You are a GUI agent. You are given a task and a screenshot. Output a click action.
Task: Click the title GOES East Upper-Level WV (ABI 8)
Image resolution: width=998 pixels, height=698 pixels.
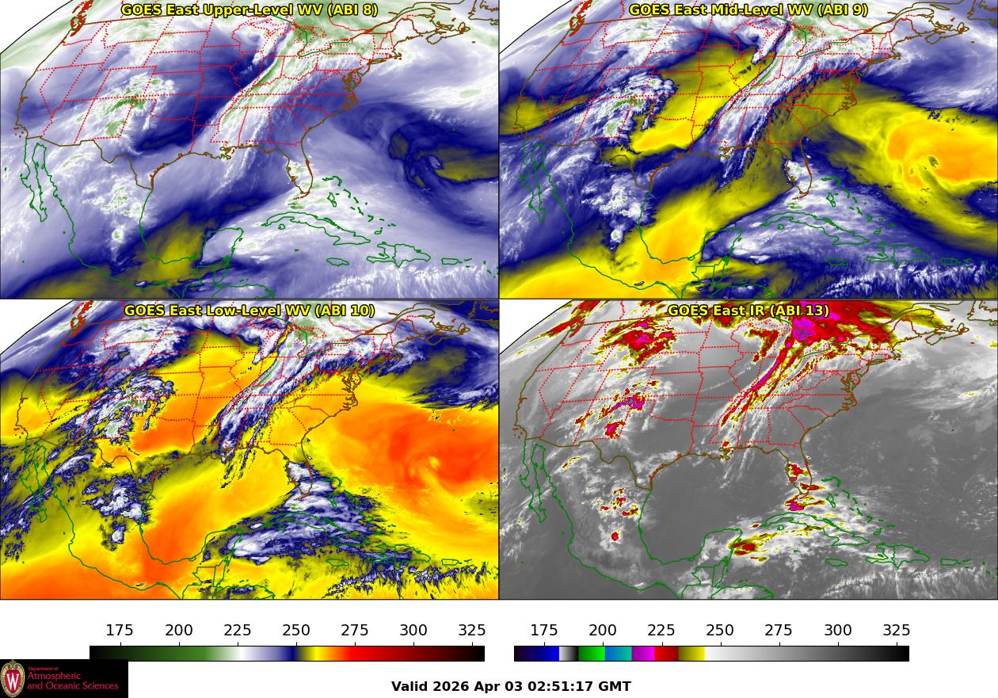tap(249, 10)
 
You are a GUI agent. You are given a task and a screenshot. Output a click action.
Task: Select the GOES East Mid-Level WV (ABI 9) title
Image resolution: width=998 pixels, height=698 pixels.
tap(748, 10)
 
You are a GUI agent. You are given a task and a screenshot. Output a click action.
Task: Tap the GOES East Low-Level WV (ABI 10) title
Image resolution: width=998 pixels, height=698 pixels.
tap(249, 310)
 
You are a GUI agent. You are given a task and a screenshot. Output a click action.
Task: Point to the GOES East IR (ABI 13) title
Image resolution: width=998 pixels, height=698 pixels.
tap(748, 310)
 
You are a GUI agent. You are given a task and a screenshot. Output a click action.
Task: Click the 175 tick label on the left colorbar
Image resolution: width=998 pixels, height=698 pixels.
tap(120, 631)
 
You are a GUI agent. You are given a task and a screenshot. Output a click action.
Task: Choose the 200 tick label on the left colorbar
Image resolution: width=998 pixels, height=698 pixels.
tap(179, 631)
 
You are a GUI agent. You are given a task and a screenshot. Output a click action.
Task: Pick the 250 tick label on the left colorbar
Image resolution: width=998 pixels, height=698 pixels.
tap(296, 631)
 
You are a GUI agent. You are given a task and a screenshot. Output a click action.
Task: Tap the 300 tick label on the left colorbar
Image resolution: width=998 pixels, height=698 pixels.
tap(413, 631)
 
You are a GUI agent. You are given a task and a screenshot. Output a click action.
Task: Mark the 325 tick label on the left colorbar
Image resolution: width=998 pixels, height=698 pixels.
tap(472, 631)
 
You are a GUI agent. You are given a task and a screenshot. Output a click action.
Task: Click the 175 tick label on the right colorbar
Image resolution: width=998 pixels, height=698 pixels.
tap(544, 631)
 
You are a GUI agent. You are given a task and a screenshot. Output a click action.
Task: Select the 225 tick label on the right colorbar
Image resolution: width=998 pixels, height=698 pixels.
tap(661, 631)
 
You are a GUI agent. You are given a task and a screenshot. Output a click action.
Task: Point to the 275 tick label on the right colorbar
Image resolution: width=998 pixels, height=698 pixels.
tap(779, 631)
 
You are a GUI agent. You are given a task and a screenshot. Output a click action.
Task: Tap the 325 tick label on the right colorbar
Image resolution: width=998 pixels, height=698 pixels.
tap(896, 631)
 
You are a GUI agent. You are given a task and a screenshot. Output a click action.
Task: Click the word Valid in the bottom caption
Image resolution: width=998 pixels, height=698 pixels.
tap(410, 686)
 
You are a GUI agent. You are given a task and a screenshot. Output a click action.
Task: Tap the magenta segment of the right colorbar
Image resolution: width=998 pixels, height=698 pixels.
tap(643, 654)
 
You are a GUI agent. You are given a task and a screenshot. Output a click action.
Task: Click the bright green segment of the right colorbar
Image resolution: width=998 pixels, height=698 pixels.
tap(591, 654)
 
